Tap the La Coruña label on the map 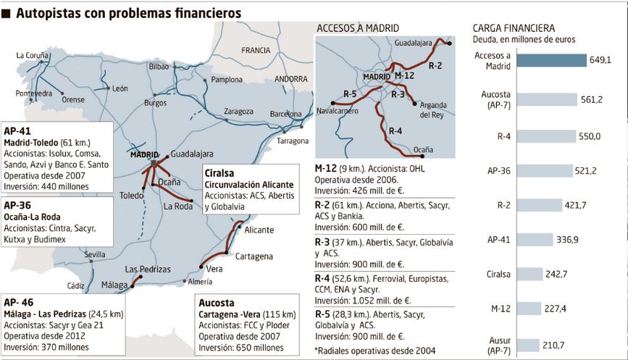click(x=32, y=55)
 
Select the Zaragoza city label click(x=238, y=112)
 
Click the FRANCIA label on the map click(x=255, y=51)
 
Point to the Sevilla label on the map click(x=94, y=255)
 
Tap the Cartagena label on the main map click(x=254, y=256)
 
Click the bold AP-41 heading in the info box click(x=17, y=131)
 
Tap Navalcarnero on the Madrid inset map click(x=338, y=111)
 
